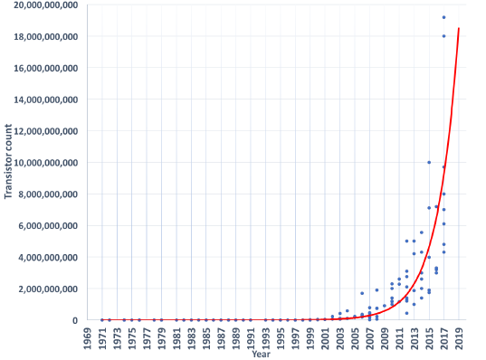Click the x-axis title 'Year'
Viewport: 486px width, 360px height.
point(261,354)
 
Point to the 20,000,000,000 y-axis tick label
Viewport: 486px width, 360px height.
point(42,5)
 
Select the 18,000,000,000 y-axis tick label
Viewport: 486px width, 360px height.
point(42,36)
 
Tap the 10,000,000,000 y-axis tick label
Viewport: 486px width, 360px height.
point(42,163)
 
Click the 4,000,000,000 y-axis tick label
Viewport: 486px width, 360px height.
point(45,257)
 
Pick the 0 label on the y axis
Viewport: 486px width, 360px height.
point(74,320)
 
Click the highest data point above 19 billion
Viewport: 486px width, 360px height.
point(443,17)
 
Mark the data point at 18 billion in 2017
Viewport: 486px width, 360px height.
point(443,36)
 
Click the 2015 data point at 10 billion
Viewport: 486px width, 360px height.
point(429,162)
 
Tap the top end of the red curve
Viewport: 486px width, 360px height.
point(459,28)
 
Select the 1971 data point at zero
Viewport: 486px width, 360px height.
point(101,319)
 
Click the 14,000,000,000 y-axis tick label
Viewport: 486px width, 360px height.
point(42,99)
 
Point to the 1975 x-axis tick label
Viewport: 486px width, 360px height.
point(131,336)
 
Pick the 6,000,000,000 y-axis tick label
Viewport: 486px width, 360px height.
point(45,225)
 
